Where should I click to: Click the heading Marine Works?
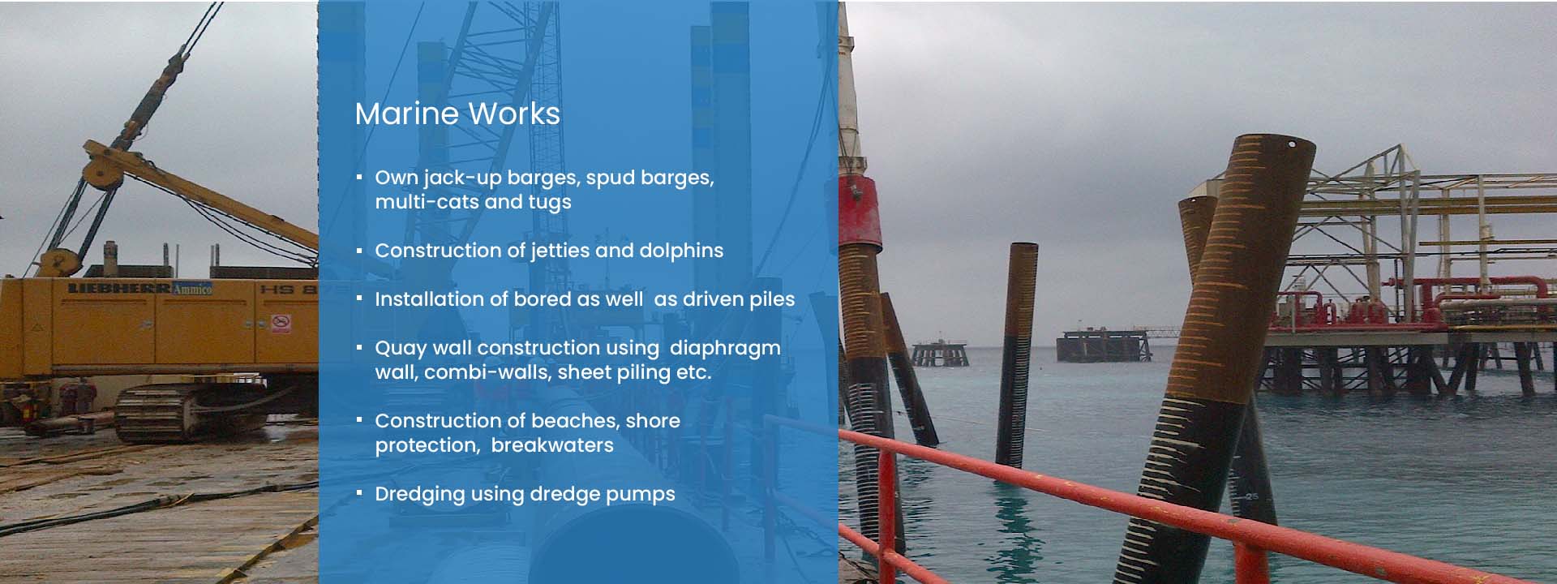(457, 114)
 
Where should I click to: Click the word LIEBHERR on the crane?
(119, 288)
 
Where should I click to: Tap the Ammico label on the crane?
(193, 288)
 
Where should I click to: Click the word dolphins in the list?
(681, 251)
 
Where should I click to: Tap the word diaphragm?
(725, 349)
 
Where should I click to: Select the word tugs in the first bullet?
(551, 203)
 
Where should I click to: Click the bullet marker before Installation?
(358, 299)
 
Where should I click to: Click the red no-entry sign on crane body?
(281, 323)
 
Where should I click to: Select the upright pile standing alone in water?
(1017, 354)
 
